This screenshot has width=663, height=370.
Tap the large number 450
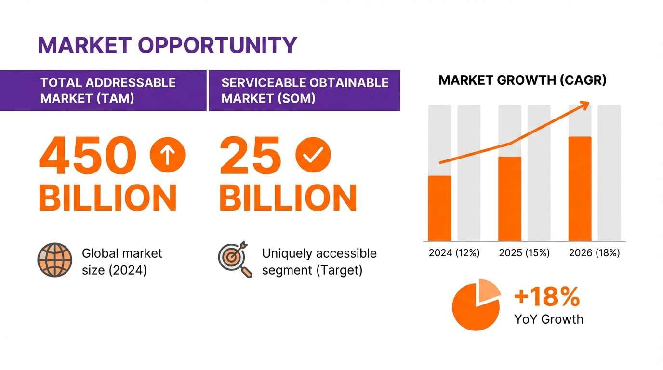85,155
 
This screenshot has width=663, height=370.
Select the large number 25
250,155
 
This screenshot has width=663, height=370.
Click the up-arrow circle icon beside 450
167,155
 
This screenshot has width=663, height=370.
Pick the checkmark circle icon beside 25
313,155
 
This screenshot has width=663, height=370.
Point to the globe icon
55,260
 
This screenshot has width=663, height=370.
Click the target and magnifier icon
235,259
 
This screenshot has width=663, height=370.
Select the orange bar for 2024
439,208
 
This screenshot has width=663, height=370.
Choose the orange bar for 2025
510,198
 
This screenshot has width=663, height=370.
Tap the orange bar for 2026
580,188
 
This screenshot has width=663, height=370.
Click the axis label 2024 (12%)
454,253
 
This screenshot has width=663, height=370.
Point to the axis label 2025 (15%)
524,253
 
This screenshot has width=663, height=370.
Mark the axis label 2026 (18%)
594,253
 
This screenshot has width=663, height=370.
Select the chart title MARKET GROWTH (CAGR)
522,80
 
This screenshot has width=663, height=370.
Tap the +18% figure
546,297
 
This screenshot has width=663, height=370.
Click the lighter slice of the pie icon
490,290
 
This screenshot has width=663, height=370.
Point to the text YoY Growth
548,319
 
